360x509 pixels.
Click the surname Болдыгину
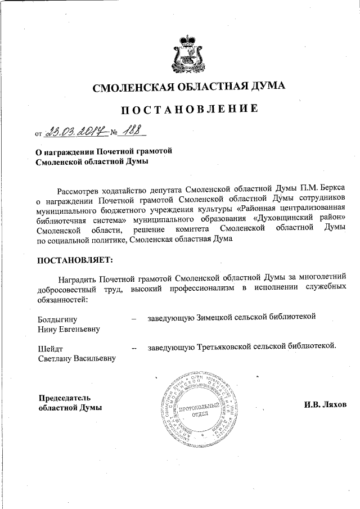[56, 318]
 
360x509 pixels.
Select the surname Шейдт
[49, 348]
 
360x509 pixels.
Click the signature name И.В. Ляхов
[326, 405]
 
